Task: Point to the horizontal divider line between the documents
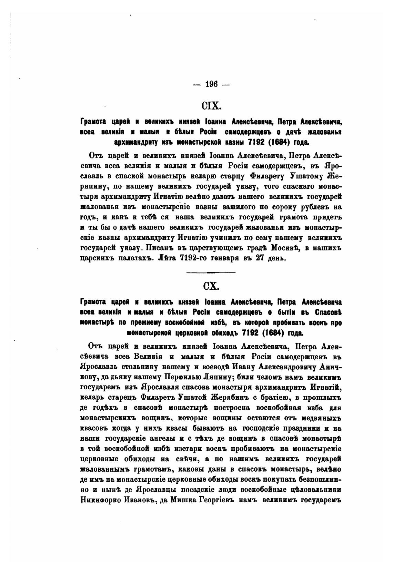coord(211,273)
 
